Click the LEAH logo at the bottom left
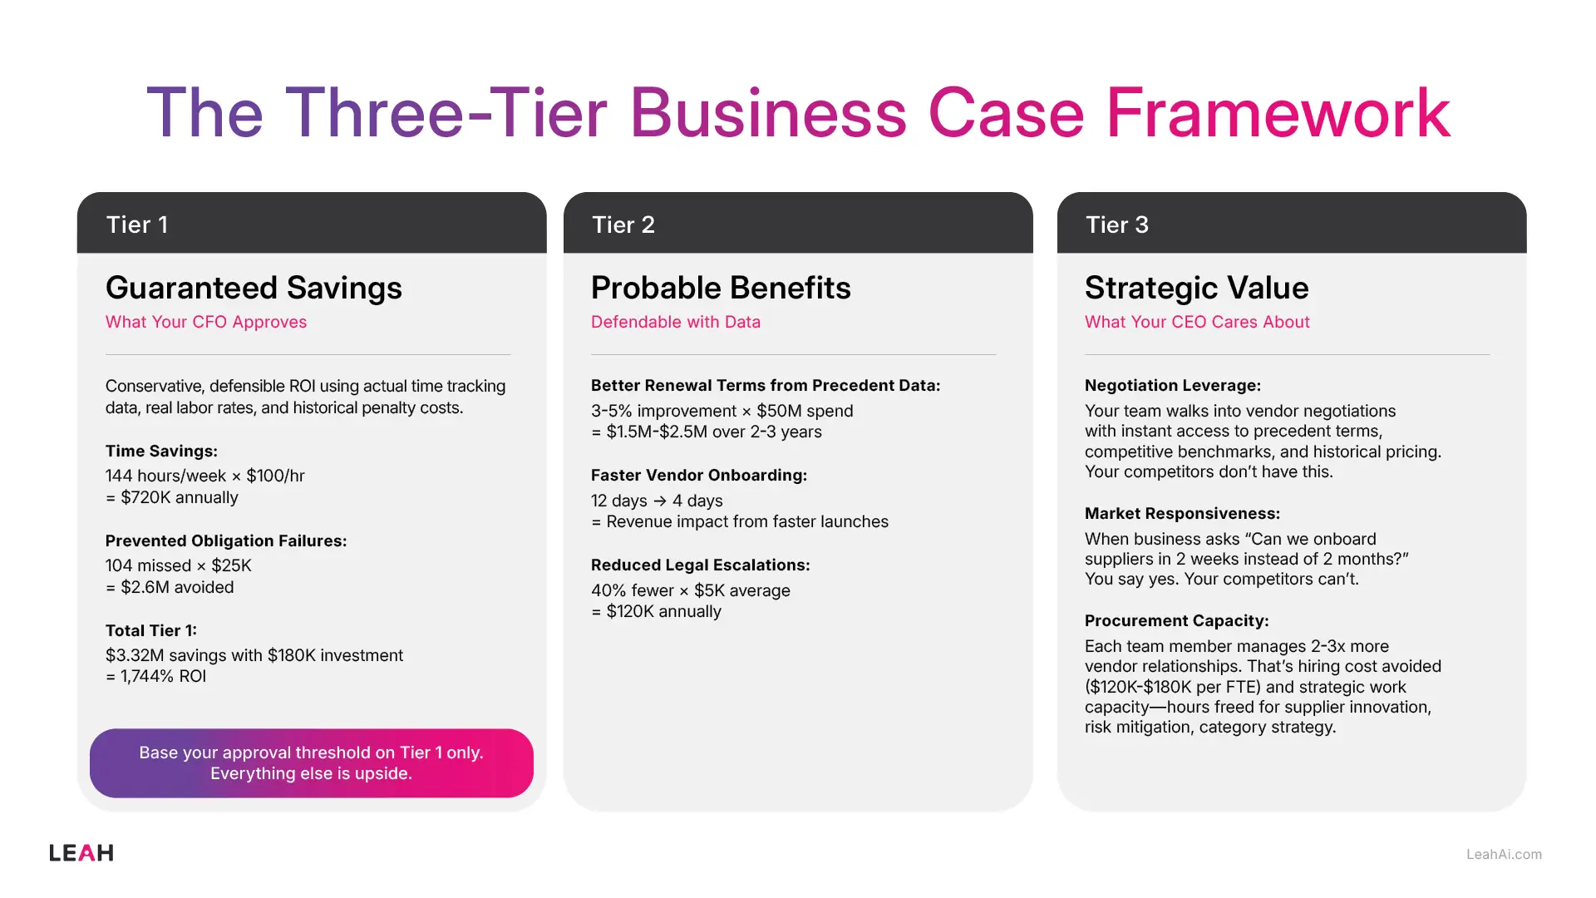point(81,853)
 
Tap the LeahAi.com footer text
point(1504,854)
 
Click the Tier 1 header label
point(137,224)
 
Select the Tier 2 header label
point(623,224)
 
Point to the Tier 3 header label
point(1117,224)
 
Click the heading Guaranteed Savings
point(254,288)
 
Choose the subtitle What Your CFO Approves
point(206,322)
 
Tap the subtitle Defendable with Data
point(676,322)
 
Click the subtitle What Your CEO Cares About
point(1197,322)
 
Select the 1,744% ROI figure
point(163,676)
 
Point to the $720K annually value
point(179,497)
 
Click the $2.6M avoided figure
point(177,587)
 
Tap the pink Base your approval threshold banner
point(312,763)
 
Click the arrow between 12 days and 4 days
point(660,501)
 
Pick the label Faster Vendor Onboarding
point(699,475)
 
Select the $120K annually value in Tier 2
point(663,611)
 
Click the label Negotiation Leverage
point(1173,385)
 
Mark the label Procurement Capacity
point(1176,620)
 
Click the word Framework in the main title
point(1278,113)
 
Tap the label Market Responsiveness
point(1182,513)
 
